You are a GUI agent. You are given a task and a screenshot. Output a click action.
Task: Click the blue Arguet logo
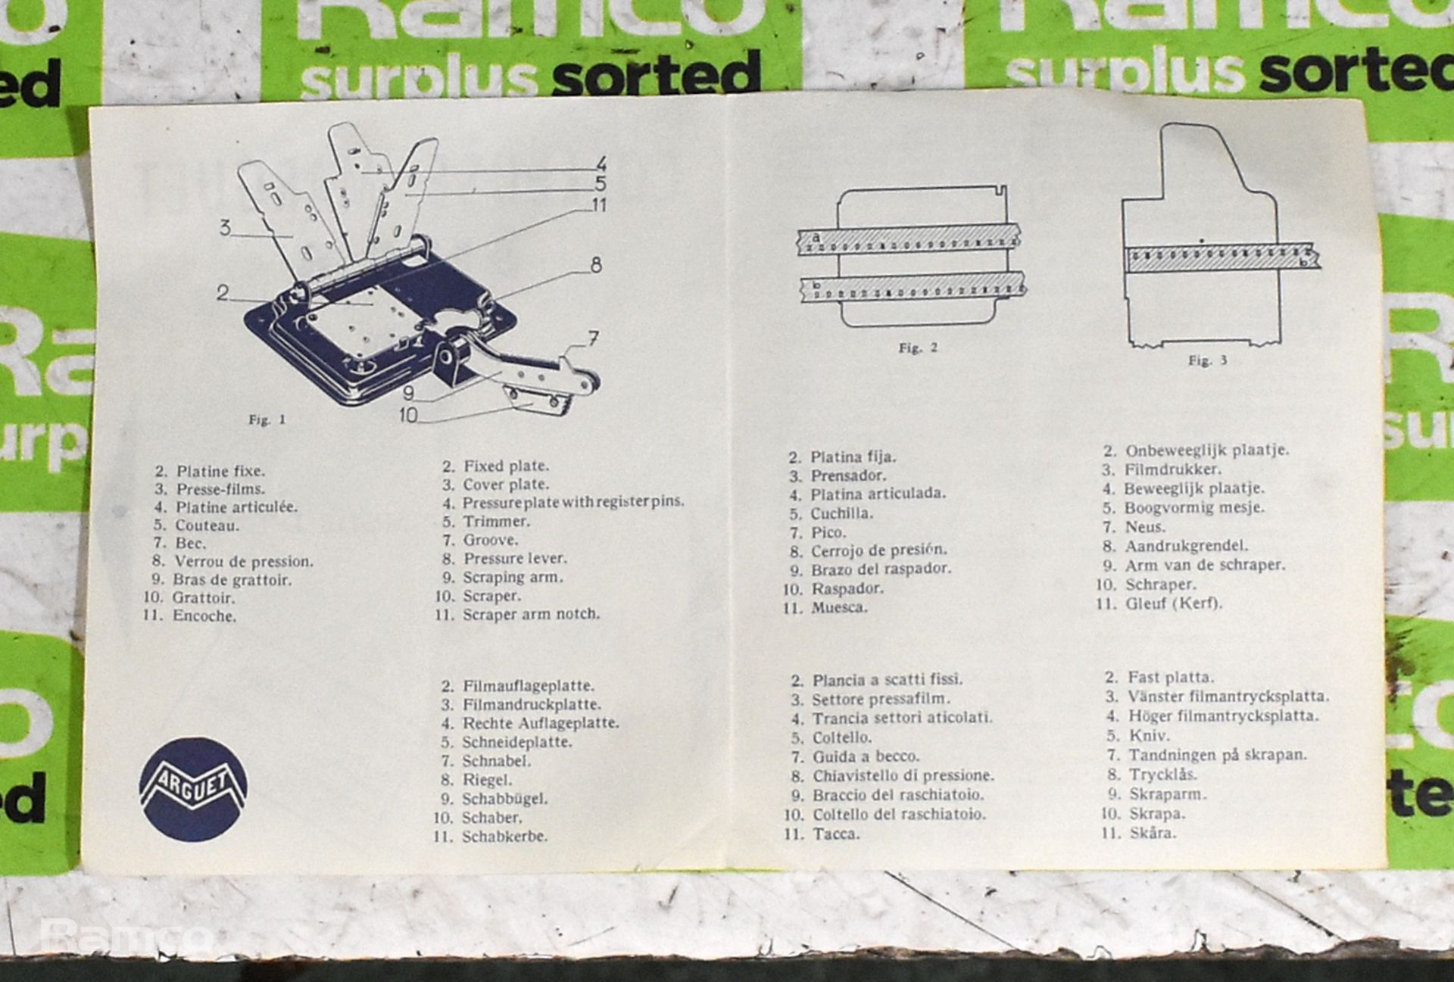coord(193,789)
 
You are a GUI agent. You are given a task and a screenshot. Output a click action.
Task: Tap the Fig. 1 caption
coord(267,420)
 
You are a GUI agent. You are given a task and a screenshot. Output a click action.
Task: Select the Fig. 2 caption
coord(918,348)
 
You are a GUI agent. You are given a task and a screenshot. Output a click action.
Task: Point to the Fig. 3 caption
coord(1207,361)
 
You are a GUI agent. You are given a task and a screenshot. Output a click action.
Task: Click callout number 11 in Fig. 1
coord(598,205)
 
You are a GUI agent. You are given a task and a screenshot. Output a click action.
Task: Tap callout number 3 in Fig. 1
coord(225,227)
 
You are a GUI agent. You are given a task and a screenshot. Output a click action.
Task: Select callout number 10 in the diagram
coord(407,415)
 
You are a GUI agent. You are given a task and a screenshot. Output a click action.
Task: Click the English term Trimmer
coord(496,522)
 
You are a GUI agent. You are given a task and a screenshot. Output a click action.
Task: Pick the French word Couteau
coord(207,525)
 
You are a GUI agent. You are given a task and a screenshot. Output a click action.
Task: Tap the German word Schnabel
coord(496,761)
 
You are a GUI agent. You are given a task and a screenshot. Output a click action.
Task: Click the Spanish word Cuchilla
coord(841,513)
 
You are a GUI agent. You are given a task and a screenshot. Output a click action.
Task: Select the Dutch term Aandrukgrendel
coord(1186,546)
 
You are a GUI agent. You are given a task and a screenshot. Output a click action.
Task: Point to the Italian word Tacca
coord(836,834)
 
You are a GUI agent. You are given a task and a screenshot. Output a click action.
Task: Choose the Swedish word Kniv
coord(1149,736)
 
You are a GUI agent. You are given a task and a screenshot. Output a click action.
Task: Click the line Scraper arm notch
coord(531,614)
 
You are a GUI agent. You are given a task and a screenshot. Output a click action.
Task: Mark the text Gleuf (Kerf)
coord(1173,603)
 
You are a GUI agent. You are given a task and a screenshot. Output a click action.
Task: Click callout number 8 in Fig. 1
coord(596,265)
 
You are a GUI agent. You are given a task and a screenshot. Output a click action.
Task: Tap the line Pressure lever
coord(514,559)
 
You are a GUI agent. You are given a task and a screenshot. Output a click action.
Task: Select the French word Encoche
coord(204,616)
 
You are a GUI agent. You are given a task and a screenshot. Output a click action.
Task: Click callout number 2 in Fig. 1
coord(222,292)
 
